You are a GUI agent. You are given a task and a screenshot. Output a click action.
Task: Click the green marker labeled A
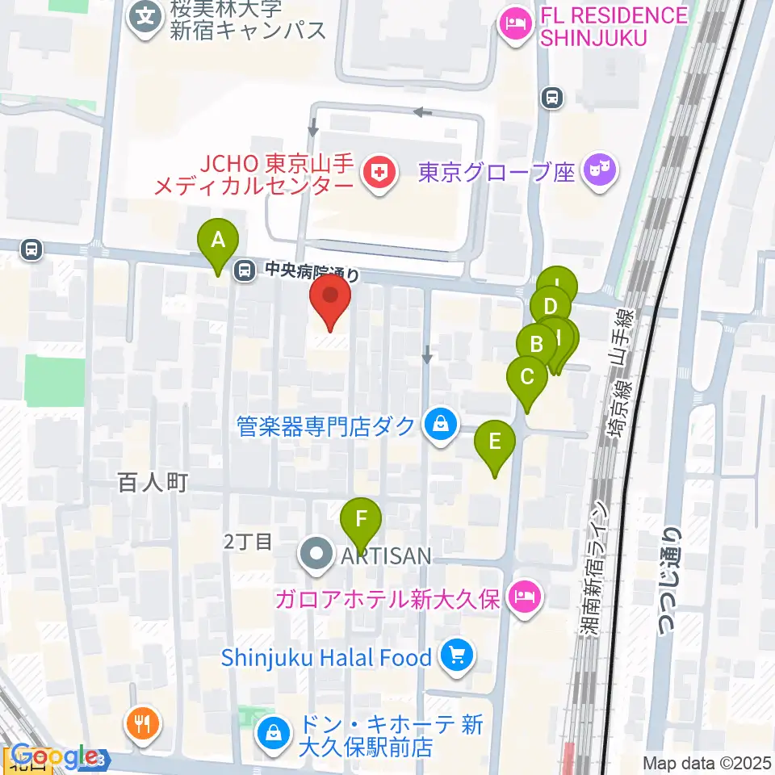pos(218,241)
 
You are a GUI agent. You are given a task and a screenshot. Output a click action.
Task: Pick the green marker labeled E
pos(495,443)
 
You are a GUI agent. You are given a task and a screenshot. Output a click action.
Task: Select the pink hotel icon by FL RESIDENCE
pos(513,25)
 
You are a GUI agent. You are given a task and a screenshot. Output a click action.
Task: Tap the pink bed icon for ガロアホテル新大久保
pos(525,597)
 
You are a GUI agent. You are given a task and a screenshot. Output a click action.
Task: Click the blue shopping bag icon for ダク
pos(441,424)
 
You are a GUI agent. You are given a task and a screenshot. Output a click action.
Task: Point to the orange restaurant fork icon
pos(143,723)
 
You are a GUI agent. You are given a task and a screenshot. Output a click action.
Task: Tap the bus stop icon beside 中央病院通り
pos(243,272)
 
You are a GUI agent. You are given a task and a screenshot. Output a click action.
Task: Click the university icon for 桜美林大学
pos(146,15)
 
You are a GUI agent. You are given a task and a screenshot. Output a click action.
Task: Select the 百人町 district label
pos(153,484)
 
